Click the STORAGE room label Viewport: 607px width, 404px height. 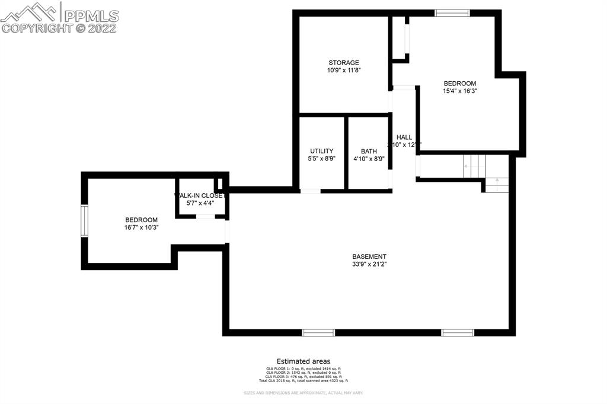coord(344,62)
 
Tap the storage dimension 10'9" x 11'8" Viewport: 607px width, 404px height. coord(344,70)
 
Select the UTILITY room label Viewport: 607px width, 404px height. coord(321,151)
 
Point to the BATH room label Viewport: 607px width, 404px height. coord(369,151)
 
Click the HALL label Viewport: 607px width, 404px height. coord(404,137)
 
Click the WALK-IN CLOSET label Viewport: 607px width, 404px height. coord(200,195)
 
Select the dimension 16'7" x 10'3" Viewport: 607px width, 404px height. coord(141,227)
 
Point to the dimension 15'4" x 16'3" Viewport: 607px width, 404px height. coord(460,91)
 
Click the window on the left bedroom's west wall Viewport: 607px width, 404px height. coord(84,221)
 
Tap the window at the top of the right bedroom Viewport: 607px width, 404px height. coord(452,12)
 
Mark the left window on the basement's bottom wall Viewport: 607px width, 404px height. coord(318,332)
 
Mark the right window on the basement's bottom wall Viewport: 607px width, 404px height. coord(457,332)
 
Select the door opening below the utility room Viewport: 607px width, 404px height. coord(310,191)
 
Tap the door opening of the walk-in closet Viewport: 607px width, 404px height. coord(205,217)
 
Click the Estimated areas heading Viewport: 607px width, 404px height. coord(303,361)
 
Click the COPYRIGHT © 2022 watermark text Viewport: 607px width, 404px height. coord(59,28)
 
